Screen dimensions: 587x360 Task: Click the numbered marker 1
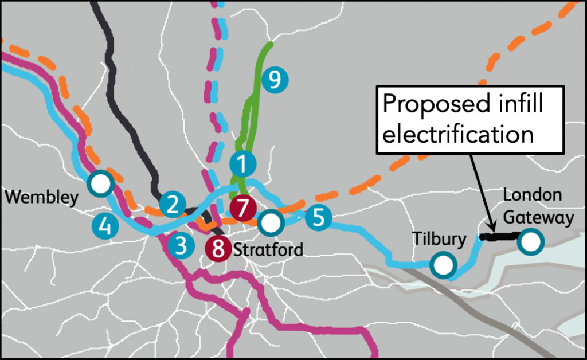[242, 164]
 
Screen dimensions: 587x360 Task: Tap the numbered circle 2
[173, 205]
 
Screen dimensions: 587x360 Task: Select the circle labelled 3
[181, 246]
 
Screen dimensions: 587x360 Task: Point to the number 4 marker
[105, 226]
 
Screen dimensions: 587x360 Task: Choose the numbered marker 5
[318, 217]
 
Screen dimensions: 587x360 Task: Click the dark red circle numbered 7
[243, 208]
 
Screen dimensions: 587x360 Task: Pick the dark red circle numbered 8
[218, 248]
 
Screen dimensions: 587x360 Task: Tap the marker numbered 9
[275, 80]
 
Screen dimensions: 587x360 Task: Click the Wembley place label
[41, 197]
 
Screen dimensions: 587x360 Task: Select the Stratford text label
[268, 249]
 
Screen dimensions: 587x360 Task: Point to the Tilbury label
[439, 238]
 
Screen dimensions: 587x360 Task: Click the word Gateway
[538, 218]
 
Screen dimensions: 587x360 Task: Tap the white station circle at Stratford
[271, 223]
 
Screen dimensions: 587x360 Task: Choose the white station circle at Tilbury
[443, 265]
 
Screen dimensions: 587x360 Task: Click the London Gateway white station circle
[530, 242]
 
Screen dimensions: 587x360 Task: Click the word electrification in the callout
[458, 134]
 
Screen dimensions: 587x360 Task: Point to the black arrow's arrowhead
[492, 227]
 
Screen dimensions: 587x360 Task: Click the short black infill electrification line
[500, 236]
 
